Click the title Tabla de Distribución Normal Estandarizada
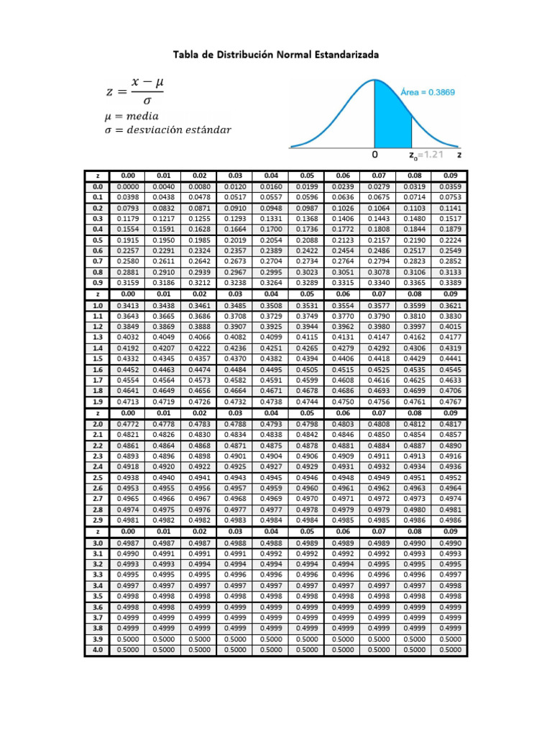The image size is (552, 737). (x=276, y=55)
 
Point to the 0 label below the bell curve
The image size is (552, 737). (x=374, y=155)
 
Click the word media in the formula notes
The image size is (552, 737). (x=141, y=116)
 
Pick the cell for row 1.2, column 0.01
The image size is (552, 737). (x=164, y=326)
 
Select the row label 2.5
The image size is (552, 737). (x=98, y=477)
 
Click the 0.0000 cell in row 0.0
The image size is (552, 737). (x=129, y=186)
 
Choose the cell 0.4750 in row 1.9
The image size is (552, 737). (x=343, y=402)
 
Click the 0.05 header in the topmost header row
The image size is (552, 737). (x=307, y=175)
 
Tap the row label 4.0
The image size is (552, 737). (x=98, y=650)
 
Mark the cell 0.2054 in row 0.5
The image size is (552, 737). (x=271, y=240)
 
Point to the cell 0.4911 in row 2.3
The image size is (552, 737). (x=379, y=456)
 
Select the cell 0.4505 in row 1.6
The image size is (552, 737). (x=307, y=369)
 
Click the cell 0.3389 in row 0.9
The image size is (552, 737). (x=450, y=283)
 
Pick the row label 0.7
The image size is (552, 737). (x=98, y=261)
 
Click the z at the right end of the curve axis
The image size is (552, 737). (x=459, y=155)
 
